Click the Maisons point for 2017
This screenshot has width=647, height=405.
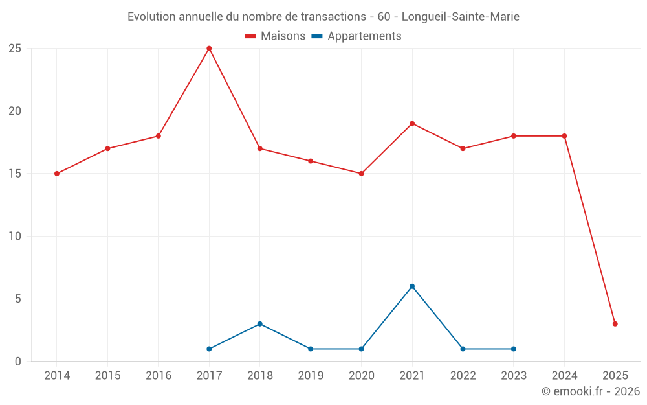(209, 49)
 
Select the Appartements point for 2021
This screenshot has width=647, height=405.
(412, 286)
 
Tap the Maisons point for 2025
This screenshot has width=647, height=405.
(615, 324)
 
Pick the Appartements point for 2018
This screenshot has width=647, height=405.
(259, 324)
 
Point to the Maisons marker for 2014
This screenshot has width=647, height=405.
(57, 174)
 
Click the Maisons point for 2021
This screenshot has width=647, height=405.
(412, 124)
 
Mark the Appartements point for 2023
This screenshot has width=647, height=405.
(514, 349)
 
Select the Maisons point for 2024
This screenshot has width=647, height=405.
(564, 136)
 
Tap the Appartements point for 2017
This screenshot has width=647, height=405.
(209, 349)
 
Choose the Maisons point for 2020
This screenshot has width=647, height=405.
(361, 174)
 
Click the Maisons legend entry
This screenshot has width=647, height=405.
(275, 36)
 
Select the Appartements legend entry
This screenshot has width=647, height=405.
(356, 36)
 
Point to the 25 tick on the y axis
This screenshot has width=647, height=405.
(15, 49)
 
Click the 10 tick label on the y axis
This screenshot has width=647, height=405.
(15, 237)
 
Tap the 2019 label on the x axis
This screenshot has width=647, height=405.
(311, 376)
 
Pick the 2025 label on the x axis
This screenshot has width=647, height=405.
(615, 376)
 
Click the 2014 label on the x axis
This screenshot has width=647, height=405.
(57, 376)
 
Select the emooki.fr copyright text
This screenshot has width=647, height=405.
(591, 391)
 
